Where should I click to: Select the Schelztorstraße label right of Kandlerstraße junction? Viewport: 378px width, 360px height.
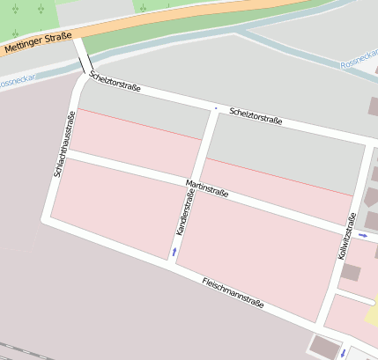click(256, 116)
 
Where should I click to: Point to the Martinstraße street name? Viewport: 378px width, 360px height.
click(207, 189)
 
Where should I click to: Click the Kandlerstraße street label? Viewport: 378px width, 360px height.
click(184, 218)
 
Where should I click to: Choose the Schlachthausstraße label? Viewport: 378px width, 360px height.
click(62, 144)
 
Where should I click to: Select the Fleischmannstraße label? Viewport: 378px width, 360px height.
click(233, 293)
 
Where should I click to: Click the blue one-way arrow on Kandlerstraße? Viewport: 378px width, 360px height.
click(174, 253)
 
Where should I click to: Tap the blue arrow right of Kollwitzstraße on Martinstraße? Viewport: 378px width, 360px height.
click(362, 235)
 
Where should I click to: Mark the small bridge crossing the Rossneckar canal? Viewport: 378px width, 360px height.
click(82, 58)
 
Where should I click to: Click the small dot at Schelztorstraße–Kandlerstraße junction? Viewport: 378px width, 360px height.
click(214, 108)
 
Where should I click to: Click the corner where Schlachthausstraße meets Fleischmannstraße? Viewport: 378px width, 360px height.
click(47, 221)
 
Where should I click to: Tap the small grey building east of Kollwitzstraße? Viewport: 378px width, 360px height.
click(351, 272)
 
